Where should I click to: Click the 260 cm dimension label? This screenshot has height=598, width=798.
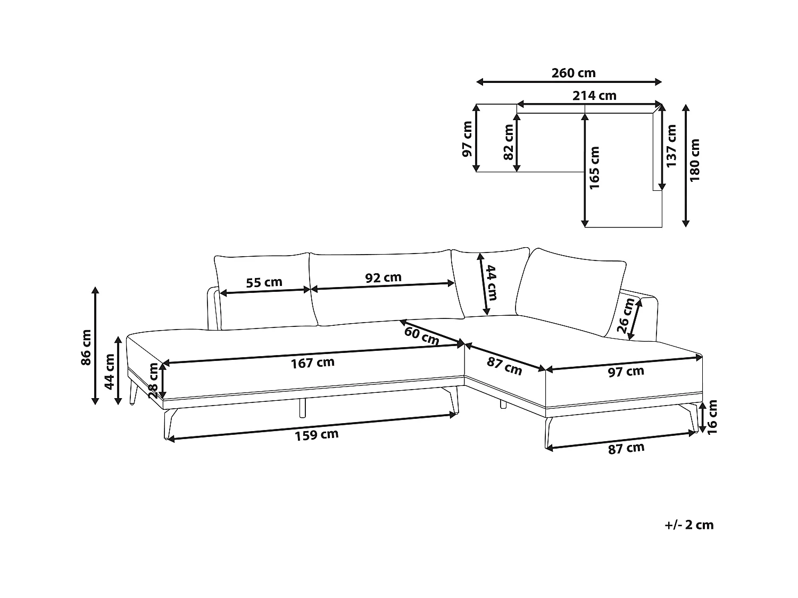pos(573,73)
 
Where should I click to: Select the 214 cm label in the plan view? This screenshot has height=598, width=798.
pos(594,96)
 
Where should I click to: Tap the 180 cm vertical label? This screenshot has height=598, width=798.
pos(694,160)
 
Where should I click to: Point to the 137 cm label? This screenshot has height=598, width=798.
pos(671,146)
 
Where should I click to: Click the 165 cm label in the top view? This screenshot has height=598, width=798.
pos(594,167)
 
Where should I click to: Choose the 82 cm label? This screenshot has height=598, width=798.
pos(508,142)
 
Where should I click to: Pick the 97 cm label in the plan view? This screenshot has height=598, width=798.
pos(467,139)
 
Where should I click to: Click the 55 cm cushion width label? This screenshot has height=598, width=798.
pos(264,282)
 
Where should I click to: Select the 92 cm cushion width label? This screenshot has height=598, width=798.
pos(383,277)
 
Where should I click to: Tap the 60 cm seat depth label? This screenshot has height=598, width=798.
pos(421,335)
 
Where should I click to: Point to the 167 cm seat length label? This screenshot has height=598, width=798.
pos(312,363)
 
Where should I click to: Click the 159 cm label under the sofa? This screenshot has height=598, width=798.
pos(317,435)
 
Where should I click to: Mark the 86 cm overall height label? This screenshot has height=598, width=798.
pos(86,348)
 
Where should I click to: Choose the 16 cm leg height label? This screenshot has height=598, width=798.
pos(712,417)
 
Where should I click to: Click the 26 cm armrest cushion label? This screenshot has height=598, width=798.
pos(625,316)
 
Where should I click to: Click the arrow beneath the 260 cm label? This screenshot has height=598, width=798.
pos(569,82)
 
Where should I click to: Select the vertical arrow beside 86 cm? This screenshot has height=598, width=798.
pos(95,346)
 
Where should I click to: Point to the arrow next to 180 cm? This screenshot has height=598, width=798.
pos(686,165)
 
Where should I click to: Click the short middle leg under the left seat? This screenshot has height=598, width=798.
pos(303,408)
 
